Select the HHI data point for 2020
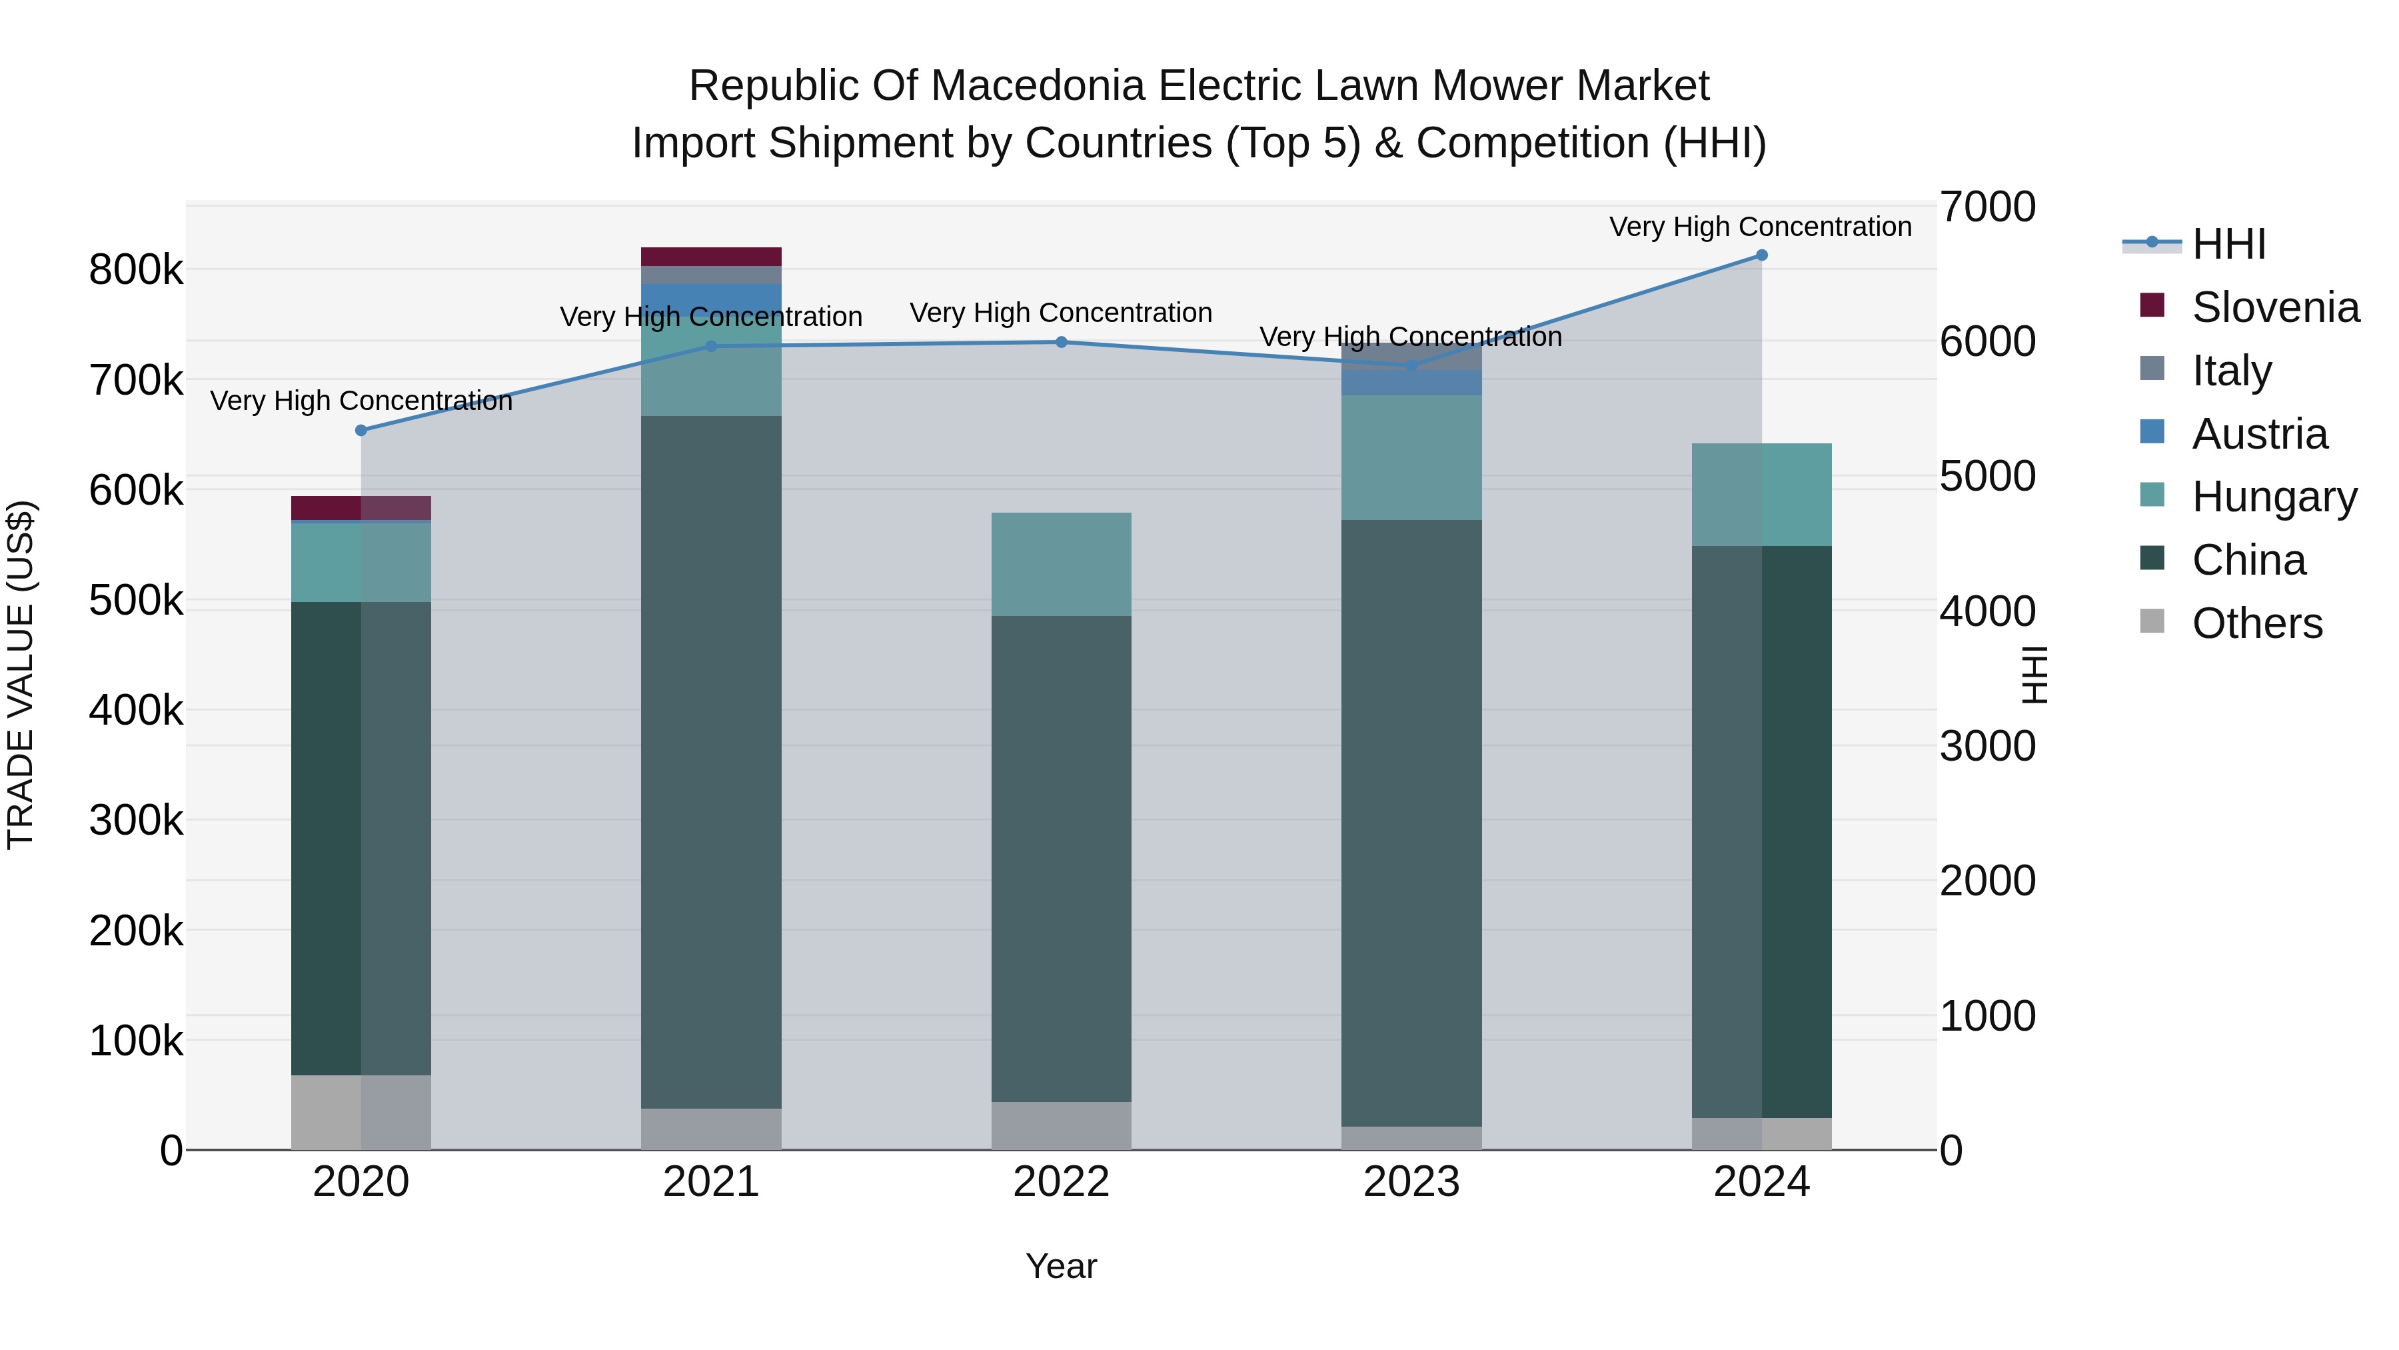click(361, 431)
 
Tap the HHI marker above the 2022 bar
click(1061, 342)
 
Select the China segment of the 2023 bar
click(1411, 820)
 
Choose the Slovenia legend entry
click(2274, 307)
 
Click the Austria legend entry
click(2258, 434)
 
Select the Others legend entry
click(2256, 623)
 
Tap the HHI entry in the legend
click(2228, 244)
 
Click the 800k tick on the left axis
click(136, 271)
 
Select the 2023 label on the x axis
click(1411, 1182)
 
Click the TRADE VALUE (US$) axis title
click(21, 675)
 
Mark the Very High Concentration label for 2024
click(1759, 227)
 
